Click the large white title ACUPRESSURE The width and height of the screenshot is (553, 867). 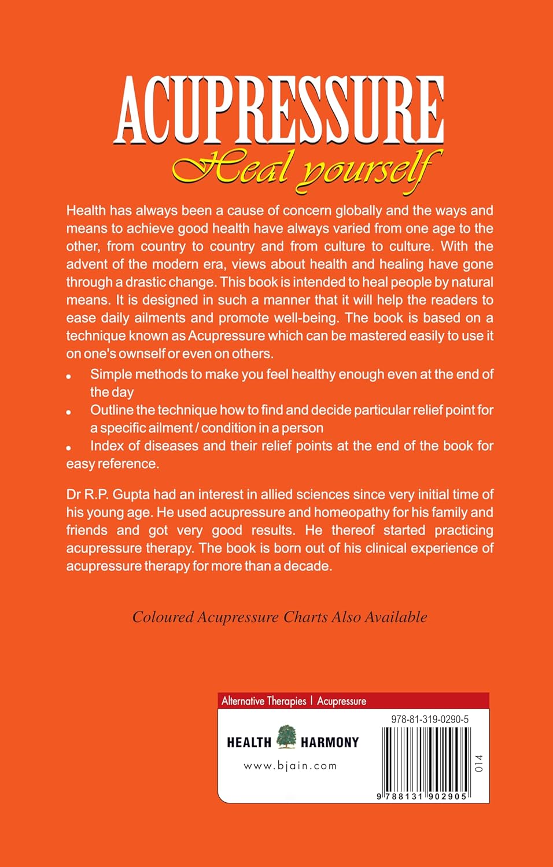(279, 110)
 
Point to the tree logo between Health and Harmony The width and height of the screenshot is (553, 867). (286, 737)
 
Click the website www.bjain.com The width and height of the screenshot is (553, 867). (290, 766)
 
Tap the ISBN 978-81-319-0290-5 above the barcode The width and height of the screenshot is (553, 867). (430, 720)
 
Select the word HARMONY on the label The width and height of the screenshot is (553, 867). (330, 743)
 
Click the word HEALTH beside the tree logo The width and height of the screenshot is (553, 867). (249, 743)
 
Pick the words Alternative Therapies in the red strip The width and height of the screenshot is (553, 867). (264, 701)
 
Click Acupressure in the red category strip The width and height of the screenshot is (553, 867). (341, 701)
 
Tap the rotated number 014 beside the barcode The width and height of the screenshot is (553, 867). (478, 763)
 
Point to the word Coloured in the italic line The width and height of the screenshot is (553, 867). (163, 617)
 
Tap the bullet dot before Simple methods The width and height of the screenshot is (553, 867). (69, 376)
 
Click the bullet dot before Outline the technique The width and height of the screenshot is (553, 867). (69, 412)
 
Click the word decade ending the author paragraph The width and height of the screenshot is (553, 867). (310, 566)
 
